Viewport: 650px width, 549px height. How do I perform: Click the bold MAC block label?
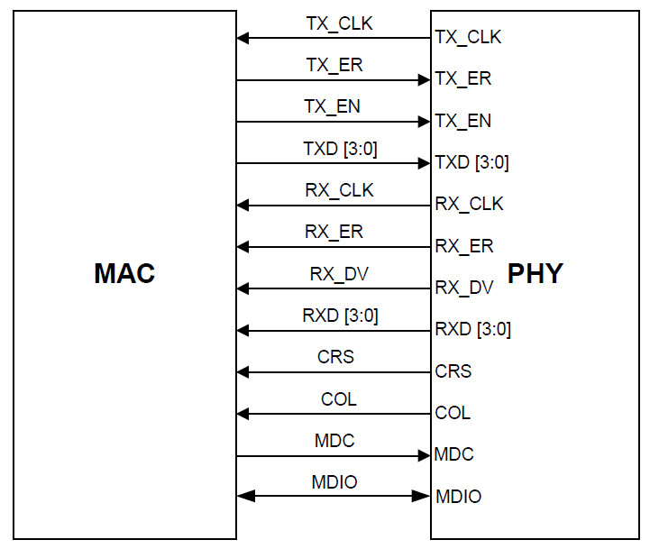[124, 273]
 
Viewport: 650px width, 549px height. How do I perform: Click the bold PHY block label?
[536, 273]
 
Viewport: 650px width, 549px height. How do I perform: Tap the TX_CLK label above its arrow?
[339, 23]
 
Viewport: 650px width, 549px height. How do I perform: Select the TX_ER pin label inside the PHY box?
[463, 78]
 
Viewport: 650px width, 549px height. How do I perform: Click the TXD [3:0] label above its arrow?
[340, 149]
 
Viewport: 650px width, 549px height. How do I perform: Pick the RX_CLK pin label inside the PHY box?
[469, 204]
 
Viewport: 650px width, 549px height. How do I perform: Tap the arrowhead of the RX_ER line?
[243, 247]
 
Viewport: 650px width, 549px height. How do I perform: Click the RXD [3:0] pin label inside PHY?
[472, 329]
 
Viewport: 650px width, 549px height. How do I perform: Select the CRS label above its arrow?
[335, 357]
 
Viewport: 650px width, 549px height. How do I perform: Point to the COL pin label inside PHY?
[453, 413]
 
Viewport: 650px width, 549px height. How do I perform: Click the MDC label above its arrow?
[334, 441]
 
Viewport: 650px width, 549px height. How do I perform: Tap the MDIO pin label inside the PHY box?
[458, 497]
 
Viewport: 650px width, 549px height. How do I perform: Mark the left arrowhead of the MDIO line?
[243, 496]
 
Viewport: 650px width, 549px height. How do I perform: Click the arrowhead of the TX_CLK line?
[243, 38]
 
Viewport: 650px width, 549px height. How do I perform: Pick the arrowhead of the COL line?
[243, 414]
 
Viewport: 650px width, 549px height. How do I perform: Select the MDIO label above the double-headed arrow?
[334, 482]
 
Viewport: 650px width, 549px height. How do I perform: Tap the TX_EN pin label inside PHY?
[463, 120]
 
